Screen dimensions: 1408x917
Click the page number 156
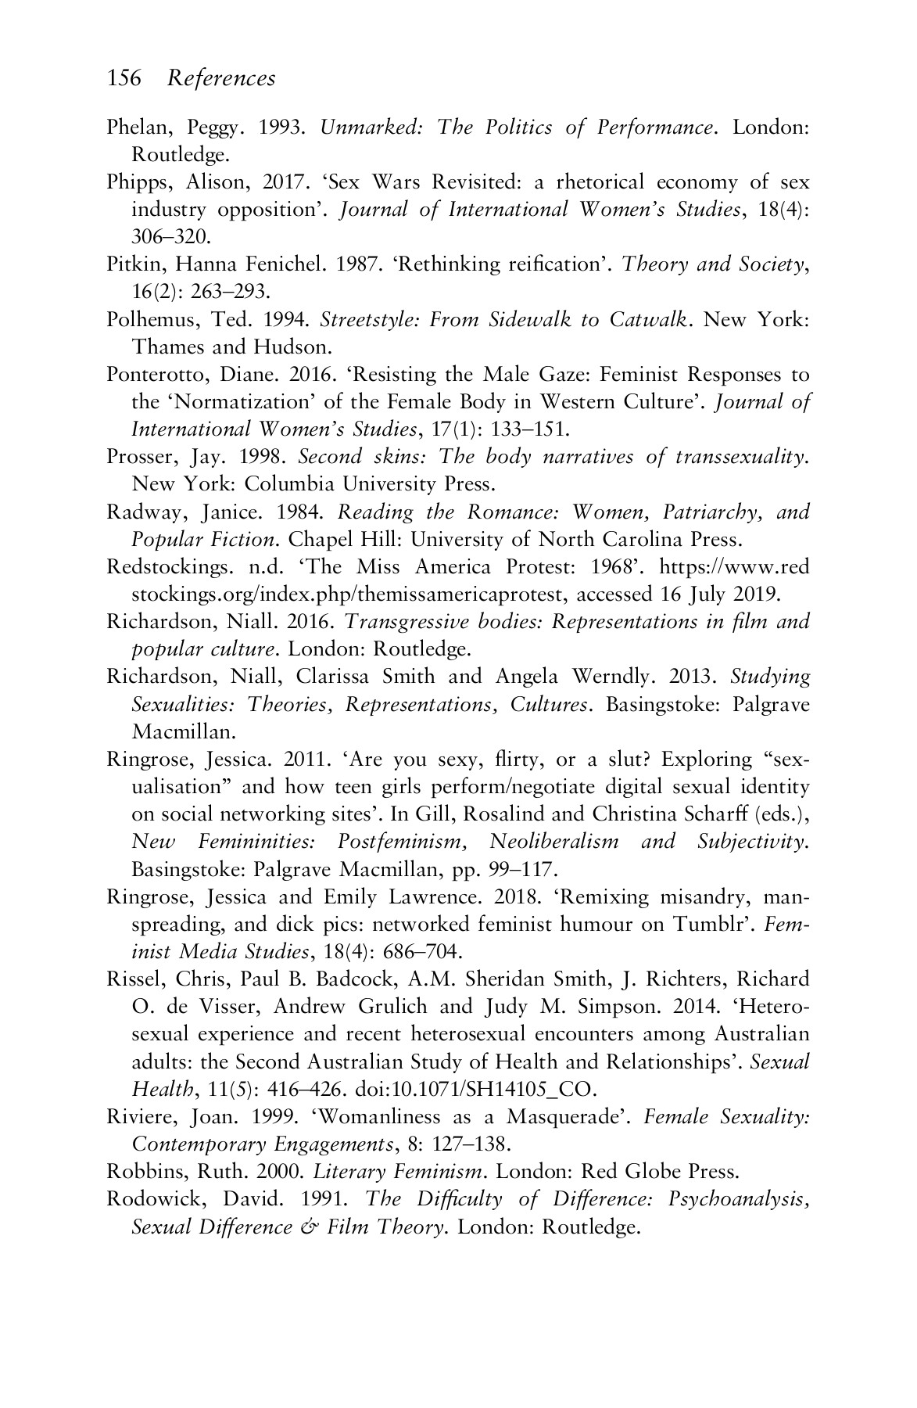124,78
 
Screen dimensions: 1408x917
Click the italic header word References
222,78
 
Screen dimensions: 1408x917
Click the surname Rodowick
145,1199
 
